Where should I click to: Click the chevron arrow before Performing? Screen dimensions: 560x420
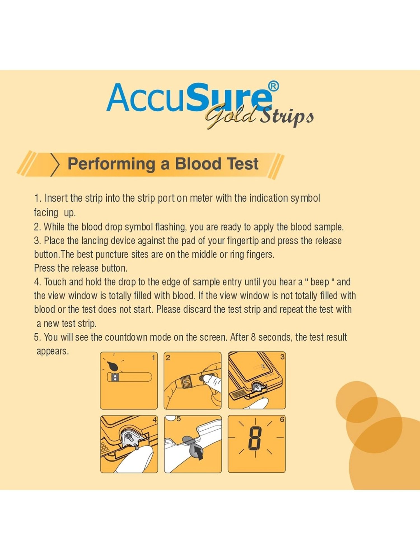tap(55, 164)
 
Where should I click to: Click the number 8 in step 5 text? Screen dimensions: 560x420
tap(253, 337)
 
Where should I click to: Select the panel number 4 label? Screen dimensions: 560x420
tap(154, 419)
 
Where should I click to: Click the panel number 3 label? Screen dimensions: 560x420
tap(282, 356)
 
